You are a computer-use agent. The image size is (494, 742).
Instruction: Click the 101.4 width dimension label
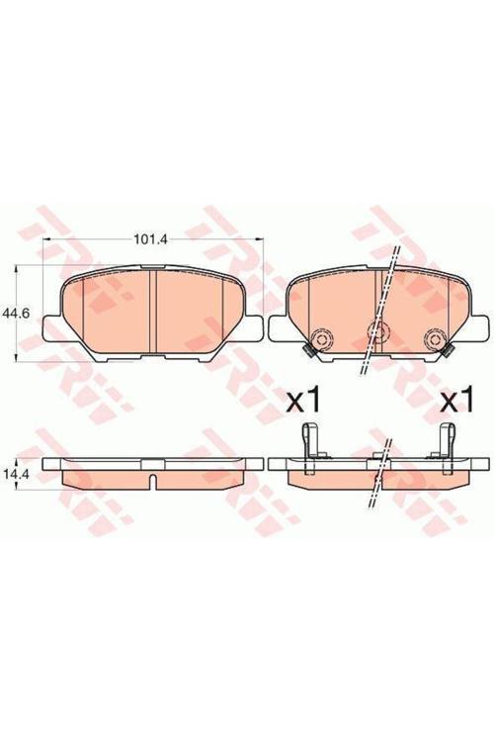151,240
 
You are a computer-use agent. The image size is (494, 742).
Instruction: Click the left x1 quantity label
304,398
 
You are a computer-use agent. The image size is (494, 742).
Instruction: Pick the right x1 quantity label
456,398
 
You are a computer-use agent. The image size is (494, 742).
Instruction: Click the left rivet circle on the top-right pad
323,338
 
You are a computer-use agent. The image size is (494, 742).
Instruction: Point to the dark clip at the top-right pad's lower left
309,350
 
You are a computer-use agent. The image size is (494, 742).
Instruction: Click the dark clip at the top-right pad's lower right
448,350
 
